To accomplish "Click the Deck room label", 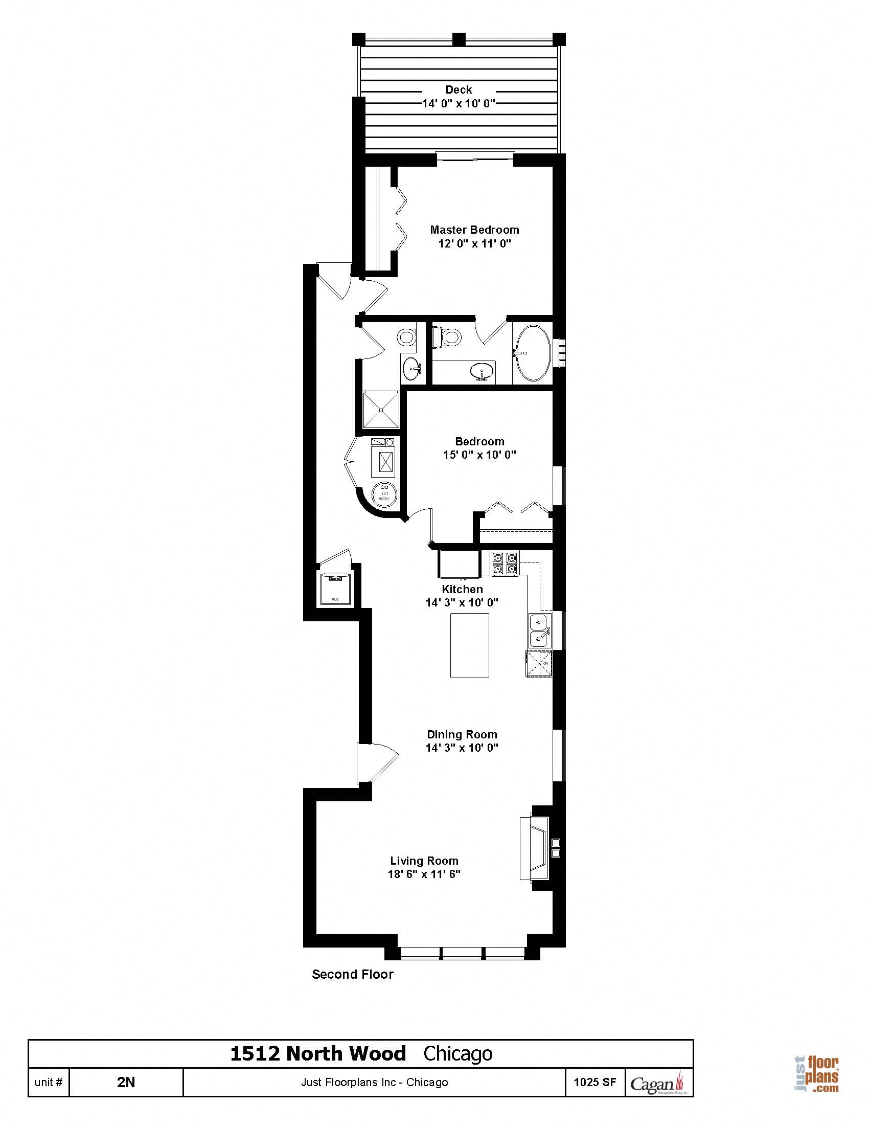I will coord(458,89).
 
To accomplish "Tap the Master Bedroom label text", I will coord(474,230).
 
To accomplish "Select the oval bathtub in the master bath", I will coord(534,353).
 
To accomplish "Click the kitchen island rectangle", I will coord(470,645).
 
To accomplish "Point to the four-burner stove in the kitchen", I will coord(504,563).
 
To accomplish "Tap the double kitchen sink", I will coord(540,630).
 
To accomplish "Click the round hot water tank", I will coord(384,494).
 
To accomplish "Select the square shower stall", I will coord(381,410).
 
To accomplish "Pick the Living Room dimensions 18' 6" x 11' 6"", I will coord(424,874).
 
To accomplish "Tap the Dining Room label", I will coord(462,734).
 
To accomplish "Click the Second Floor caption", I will coord(353,974).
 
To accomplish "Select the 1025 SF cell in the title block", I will coord(595,1082).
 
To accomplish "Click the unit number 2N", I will coord(126,1082).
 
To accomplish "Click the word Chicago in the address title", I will coord(457,1054).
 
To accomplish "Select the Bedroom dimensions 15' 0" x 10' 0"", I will coord(479,455).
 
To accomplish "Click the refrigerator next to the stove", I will coord(458,564).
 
